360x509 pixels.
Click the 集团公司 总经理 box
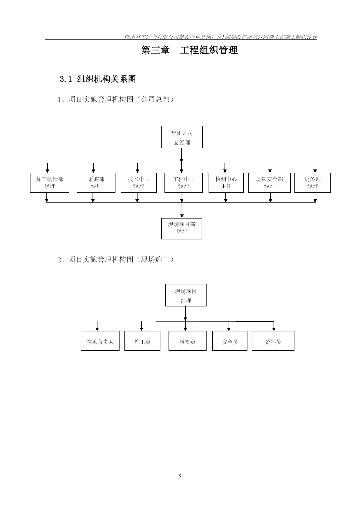click(x=182, y=137)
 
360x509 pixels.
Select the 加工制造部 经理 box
click(x=50, y=183)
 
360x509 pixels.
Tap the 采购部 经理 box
click(x=96, y=183)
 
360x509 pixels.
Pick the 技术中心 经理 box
click(x=139, y=183)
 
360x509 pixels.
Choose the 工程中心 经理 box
click(x=184, y=183)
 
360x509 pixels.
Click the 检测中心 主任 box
click(x=226, y=183)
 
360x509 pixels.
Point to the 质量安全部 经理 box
click(x=269, y=183)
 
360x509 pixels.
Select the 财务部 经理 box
click(x=312, y=183)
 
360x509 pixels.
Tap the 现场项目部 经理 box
click(x=182, y=229)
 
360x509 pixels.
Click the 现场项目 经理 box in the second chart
click(x=186, y=295)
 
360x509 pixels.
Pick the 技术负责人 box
click(x=100, y=341)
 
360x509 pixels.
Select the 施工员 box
click(x=142, y=341)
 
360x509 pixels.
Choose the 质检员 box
click(x=187, y=341)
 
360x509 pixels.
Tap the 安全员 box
click(x=230, y=341)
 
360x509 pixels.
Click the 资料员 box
click(x=273, y=341)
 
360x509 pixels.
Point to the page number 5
click(x=180, y=476)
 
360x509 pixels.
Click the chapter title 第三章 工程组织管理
click(x=189, y=50)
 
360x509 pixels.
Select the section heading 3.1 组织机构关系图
click(x=98, y=79)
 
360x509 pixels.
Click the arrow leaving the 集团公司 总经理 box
click(x=182, y=156)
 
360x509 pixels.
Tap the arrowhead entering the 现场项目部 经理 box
click(x=182, y=216)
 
